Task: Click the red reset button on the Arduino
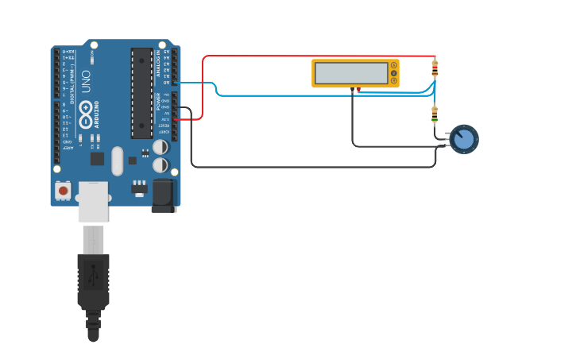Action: pyautogui.click(x=63, y=191)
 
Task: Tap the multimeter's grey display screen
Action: pyautogui.click(x=351, y=73)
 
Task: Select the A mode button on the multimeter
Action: pyautogui.click(x=394, y=65)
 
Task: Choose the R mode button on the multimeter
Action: pyautogui.click(x=394, y=80)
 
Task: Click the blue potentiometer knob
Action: pyautogui.click(x=464, y=139)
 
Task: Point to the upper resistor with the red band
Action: pyautogui.click(x=435, y=69)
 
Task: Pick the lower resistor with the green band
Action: pyautogui.click(x=435, y=114)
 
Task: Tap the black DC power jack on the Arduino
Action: pyautogui.click(x=164, y=195)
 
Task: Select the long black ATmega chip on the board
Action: pyautogui.click(x=142, y=92)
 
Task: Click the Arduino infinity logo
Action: pyautogui.click(x=85, y=109)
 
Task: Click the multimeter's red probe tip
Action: pyautogui.click(x=358, y=90)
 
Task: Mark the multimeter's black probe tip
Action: pyautogui.click(x=352, y=90)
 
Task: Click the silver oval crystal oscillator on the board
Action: pyautogui.click(x=118, y=161)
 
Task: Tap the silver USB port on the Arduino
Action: pyautogui.click(x=93, y=201)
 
